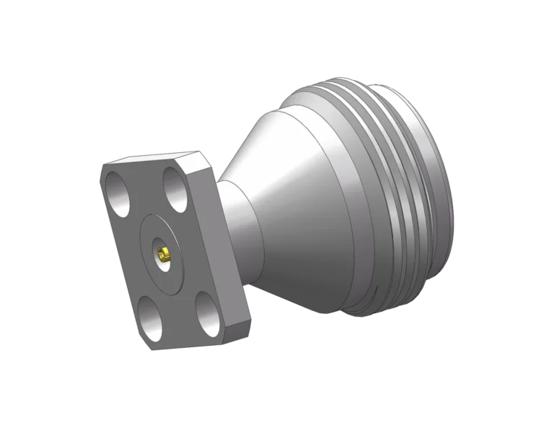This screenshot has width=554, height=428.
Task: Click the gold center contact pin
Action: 164,253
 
